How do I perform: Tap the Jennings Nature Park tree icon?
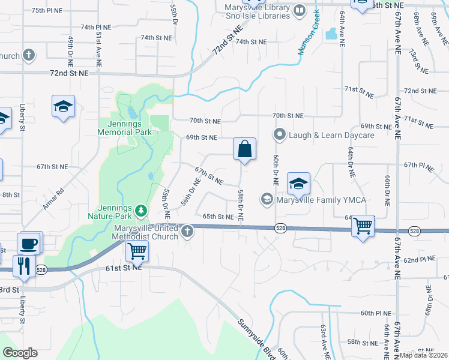[x=141, y=210]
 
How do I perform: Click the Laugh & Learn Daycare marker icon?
[x=279, y=134]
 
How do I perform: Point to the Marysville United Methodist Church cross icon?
[x=187, y=230]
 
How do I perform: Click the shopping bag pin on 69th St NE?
[x=245, y=149]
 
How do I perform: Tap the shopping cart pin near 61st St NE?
[x=137, y=250]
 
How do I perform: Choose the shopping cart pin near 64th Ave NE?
[x=363, y=226]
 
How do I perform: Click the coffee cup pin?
[x=29, y=244]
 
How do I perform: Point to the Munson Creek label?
[x=309, y=41]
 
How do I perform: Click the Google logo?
[x=20, y=353]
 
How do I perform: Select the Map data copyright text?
[x=424, y=355]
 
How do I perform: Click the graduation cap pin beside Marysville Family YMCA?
[x=298, y=184]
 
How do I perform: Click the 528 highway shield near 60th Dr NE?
[x=280, y=228]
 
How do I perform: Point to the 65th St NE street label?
[x=218, y=217]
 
